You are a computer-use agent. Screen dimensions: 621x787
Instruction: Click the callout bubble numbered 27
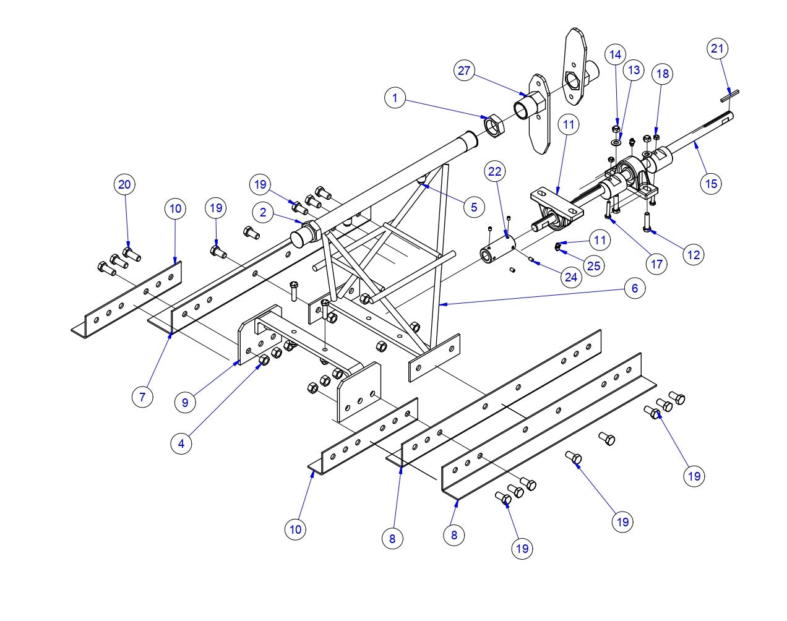(x=465, y=71)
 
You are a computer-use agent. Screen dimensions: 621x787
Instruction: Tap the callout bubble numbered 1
(x=395, y=98)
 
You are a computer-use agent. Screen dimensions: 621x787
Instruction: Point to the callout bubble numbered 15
(x=711, y=183)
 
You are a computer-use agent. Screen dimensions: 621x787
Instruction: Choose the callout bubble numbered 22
(x=496, y=171)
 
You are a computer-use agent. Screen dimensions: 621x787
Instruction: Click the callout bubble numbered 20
(x=125, y=184)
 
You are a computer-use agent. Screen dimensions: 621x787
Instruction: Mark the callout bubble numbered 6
(x=634, y=288)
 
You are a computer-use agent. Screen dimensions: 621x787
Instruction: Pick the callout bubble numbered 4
(x=181, y=443)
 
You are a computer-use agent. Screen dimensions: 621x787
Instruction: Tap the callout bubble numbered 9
(x=184, y=402)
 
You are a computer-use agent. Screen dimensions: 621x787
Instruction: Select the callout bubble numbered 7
(x=142, y=396)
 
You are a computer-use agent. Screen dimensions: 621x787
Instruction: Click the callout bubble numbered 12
(x=695, y=254)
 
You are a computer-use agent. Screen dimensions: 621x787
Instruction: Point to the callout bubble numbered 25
(x=593, y=265)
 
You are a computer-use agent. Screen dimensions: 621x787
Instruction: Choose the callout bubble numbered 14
(x=614, y=54)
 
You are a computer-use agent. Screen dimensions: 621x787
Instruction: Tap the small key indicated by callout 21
(x=729, y=94)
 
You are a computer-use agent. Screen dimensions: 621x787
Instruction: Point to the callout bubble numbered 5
(x=473, y=207)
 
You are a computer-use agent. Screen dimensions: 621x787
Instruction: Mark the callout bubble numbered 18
(x=662, y=74)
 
